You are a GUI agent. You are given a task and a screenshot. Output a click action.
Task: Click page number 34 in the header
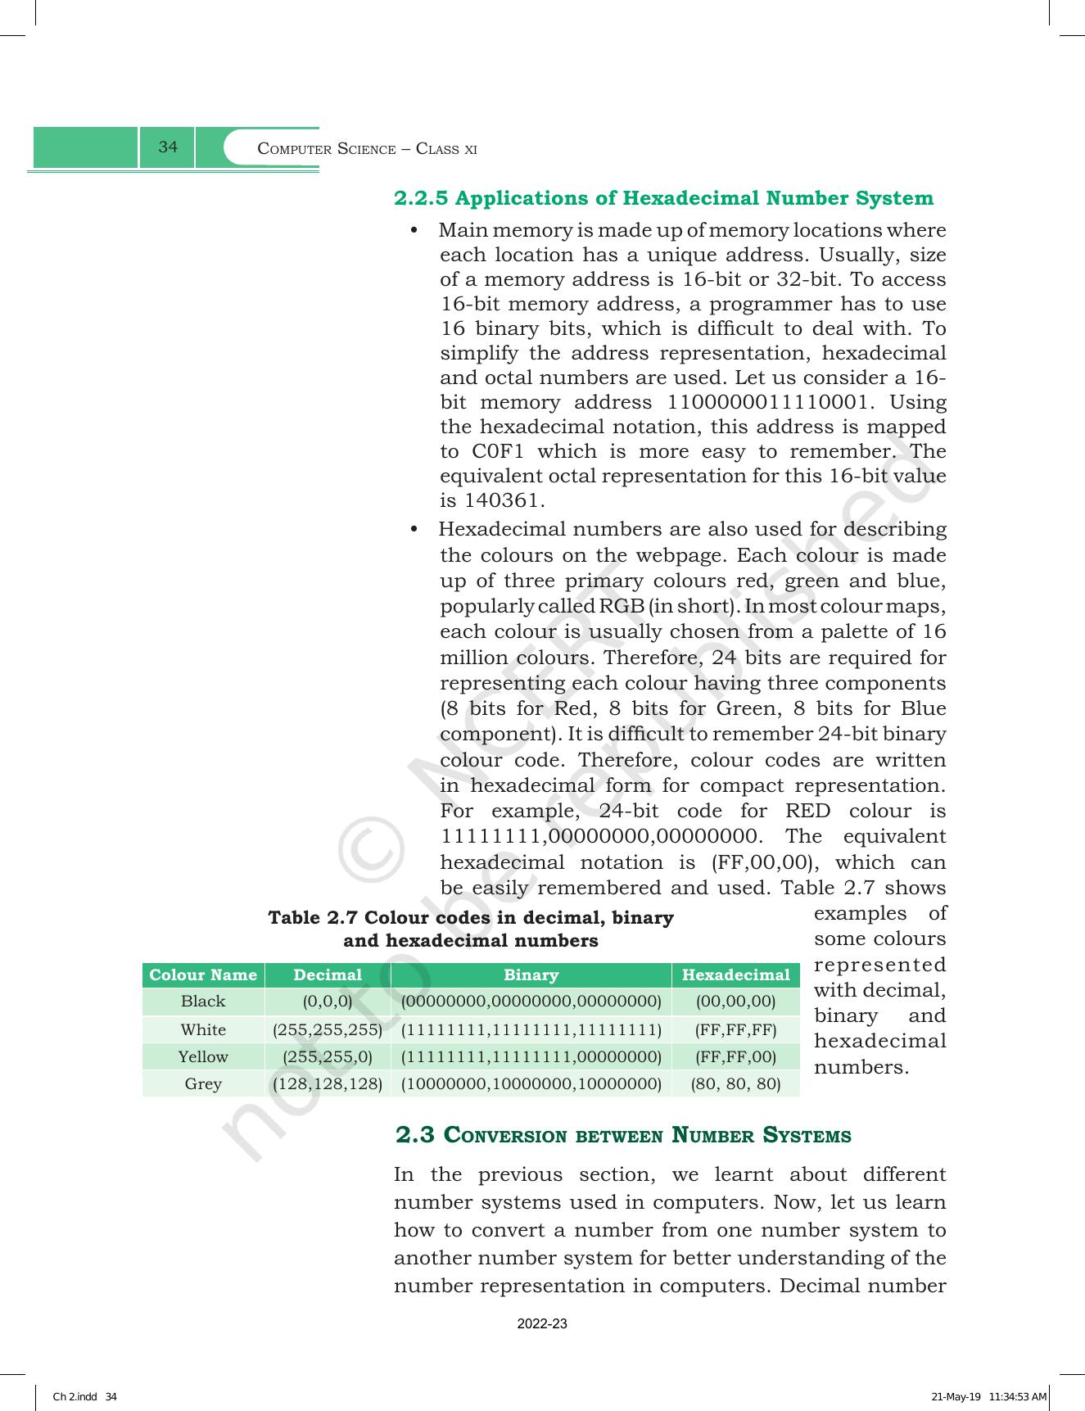tap(168, 147)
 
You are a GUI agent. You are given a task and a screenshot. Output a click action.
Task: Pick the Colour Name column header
tap(203, 975)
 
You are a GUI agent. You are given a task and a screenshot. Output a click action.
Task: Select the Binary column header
tap(531, 975)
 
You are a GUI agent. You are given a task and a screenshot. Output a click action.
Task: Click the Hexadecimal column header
tap(735, 975)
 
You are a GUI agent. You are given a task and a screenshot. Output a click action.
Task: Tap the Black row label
tap(203, 1002)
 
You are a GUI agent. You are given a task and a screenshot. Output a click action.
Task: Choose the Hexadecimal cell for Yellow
tap(735, 1056)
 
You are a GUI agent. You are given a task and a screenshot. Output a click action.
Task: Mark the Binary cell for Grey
tap(531, 1084)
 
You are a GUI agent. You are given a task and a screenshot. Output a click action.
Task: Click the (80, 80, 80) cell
tap(735, 1084)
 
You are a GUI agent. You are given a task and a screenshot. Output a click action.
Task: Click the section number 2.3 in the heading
tap(414, 1135)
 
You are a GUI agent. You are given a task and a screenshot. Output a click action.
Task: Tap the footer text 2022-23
tap(542, 1324)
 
